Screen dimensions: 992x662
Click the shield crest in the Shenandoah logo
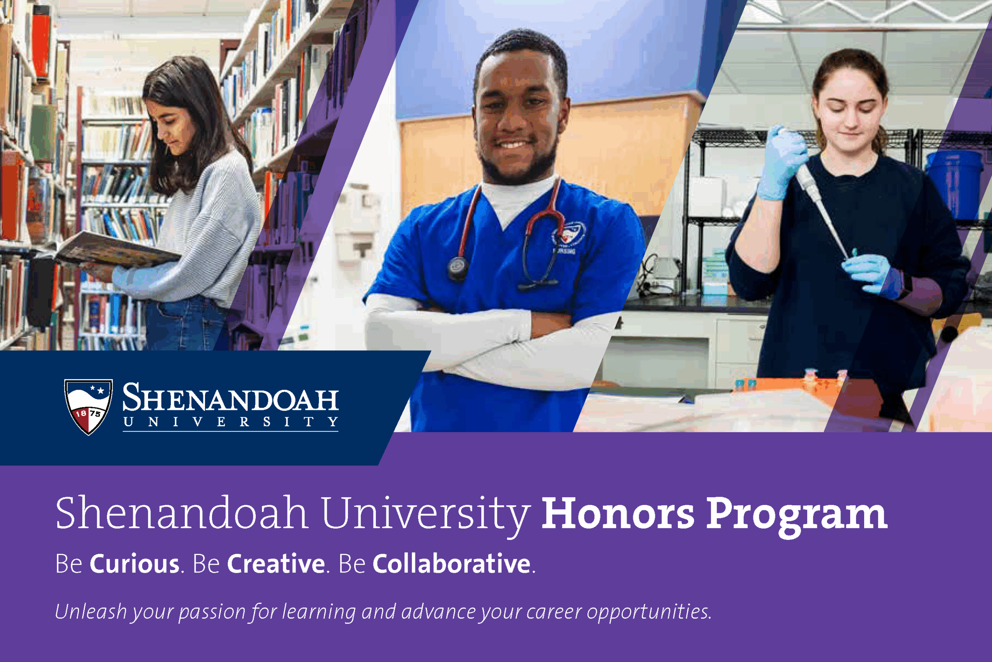point(88,406)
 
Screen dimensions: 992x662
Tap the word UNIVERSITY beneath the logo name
point(230,422)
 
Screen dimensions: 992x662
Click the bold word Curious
point(134,563)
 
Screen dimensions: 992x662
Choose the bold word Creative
point(276,563)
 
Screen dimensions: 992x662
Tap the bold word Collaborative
point(451,563)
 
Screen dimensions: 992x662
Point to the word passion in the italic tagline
point(212,612)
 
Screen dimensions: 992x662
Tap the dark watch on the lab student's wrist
point(905,285)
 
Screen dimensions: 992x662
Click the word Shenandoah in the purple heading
point(181,513)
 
